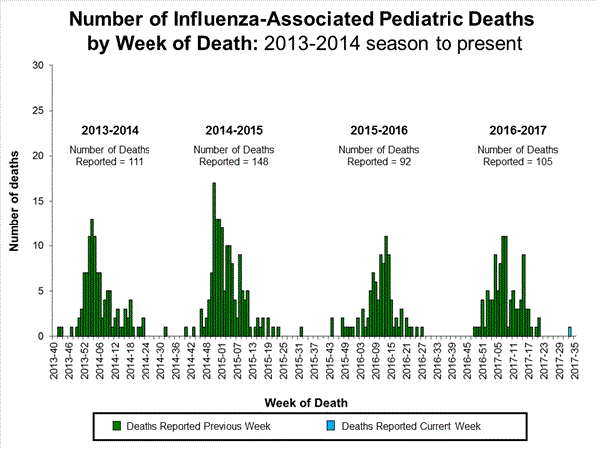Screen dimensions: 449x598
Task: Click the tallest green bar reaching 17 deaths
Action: (213, 259)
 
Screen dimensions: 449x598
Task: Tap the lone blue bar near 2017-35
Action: (570, 331)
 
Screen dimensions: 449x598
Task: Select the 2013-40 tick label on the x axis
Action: (55, 356)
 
